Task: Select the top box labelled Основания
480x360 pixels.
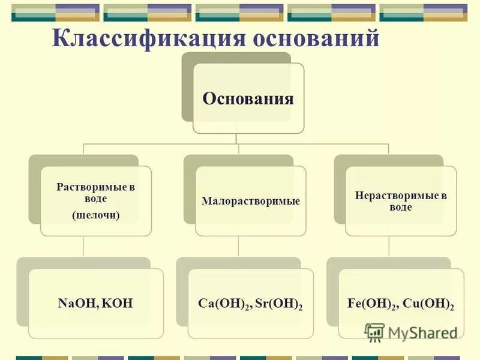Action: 248,98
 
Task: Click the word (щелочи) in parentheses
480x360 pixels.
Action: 96,215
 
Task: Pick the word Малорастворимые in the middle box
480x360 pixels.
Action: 251,202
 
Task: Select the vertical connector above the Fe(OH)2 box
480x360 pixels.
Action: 389,246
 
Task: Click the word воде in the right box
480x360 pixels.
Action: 400,207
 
